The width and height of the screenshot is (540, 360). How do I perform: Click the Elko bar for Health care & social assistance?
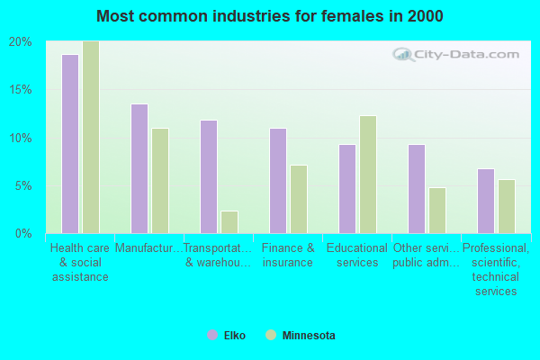point(70,144)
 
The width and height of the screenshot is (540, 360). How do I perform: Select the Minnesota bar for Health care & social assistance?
point(91,137)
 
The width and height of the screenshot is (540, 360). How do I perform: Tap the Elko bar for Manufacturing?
point(139,169)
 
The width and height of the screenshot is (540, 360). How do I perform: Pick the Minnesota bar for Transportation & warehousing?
point(229,222)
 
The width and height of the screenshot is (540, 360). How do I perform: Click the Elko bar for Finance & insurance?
point(278,181)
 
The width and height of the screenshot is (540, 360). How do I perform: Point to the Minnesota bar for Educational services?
point(368,175)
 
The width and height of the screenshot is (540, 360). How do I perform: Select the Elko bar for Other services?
point(417,189)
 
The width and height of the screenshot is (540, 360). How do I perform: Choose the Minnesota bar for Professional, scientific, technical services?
point(507,207)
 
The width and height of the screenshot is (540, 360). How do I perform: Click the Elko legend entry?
point(226,335)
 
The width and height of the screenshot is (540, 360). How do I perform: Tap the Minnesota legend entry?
point(301,335)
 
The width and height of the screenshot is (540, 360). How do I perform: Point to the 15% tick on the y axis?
point(21,90)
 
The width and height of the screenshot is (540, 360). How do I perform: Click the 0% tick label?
point(23,234)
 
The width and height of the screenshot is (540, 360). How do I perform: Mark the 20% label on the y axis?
point(21,42)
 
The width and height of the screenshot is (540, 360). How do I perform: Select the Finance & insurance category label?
point(288,255)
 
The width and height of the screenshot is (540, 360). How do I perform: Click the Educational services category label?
point(357,255)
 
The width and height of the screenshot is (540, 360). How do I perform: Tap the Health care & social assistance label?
point(80,262)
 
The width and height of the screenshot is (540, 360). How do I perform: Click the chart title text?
point(270,16)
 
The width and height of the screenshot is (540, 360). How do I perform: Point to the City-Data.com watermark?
point(456,54)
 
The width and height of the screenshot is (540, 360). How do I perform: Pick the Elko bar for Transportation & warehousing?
point(209,176)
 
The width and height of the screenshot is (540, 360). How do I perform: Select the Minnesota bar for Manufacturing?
point(160,181)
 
